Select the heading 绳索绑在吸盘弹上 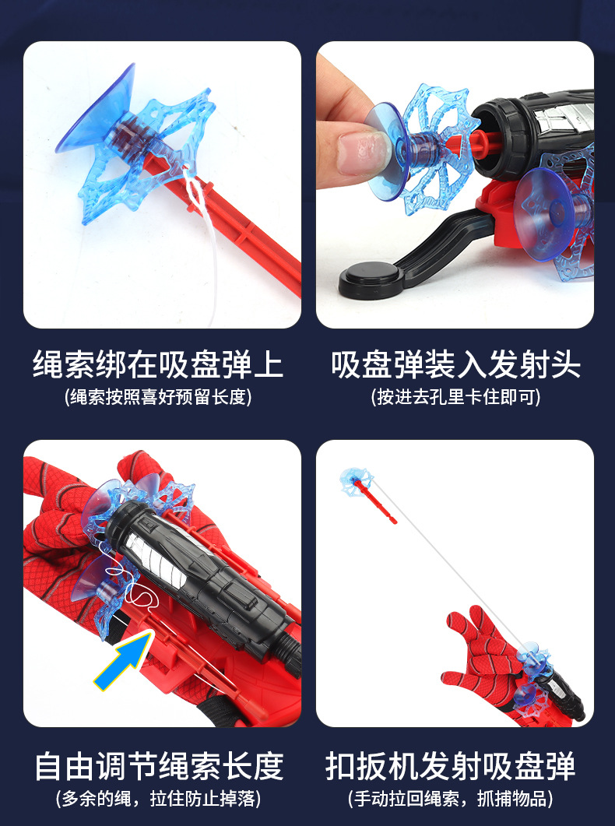point(158,364)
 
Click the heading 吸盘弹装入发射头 point(455,364)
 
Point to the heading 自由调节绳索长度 point(158,766)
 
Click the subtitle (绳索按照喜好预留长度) point(158,397)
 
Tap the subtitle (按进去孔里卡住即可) point(455,397)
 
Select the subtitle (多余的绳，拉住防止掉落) point(158,798)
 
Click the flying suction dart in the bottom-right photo point(357,481)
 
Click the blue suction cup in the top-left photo point(97,109)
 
